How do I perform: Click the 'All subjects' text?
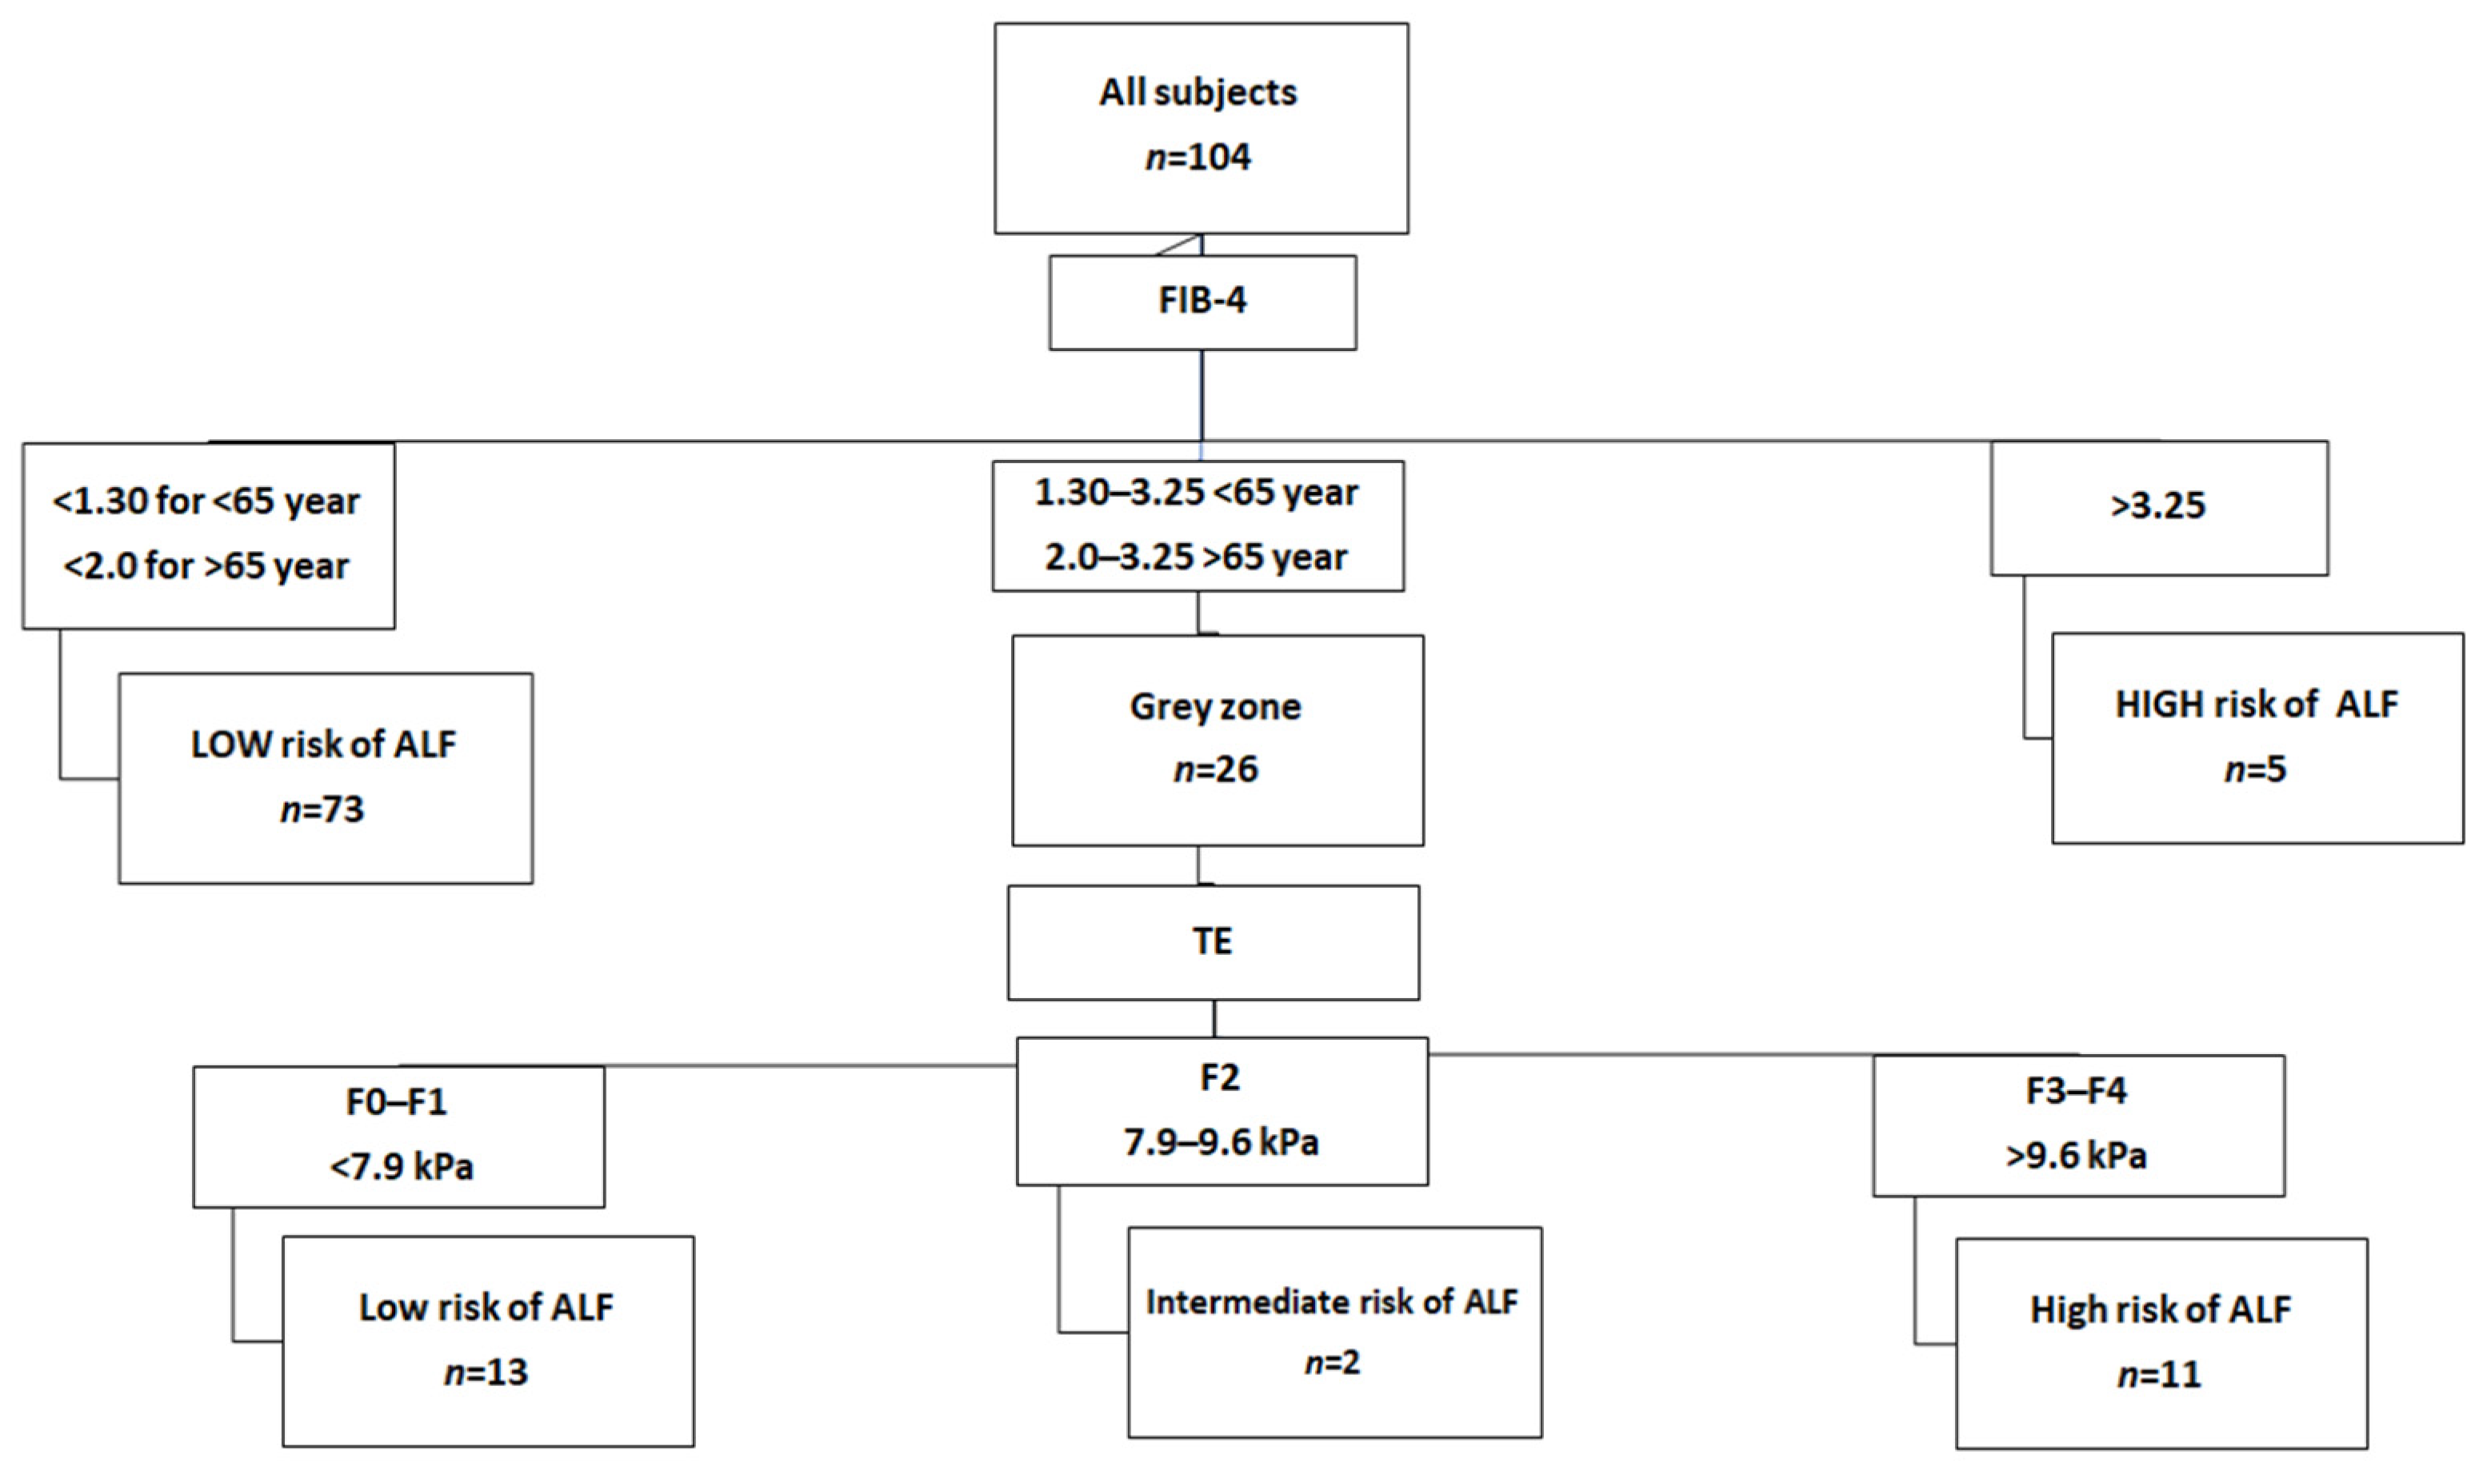[x=1198, y=93]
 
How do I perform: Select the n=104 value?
[x=1198, y=157]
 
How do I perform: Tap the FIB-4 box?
[x=1202, y=302]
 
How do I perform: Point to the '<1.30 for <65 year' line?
[x=206, y=501]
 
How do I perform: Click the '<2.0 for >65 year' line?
[x=206, y=566]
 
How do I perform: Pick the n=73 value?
[x=322, y=809]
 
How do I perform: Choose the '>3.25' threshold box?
[x=2157, y=506]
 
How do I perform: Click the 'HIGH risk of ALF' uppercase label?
[x=2255, y=705]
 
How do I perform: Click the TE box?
[x=1213, y=941]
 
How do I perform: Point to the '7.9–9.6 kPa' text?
[x=1221, y=1141]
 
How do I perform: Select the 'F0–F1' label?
[x=397, y=1101]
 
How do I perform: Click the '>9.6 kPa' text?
[x=2076, y=1156]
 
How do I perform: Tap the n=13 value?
[x=486, y=1372]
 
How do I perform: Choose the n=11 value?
[x=2158, y=1375]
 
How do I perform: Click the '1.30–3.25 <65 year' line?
[x=1197, y=493]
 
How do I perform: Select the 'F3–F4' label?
[x=2076, y=1091]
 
